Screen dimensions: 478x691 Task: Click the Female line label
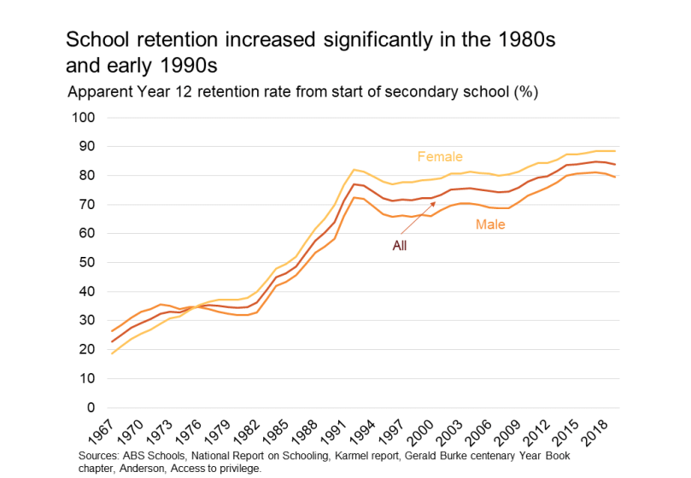pyautogui.click(x=440, y=156)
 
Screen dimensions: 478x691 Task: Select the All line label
pyautogui.click(x=399, y=246)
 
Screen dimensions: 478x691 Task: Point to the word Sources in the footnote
pyautogui.click(x=96, y=456)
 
